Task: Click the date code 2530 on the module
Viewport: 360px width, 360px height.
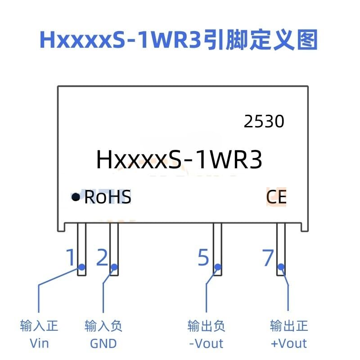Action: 264,121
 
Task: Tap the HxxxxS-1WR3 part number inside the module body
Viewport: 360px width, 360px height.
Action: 179,159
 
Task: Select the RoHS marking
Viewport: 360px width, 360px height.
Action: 108,197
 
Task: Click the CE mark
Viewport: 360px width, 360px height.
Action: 276,197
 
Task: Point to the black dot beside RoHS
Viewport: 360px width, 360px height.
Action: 76,197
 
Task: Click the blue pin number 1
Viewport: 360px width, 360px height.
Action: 71,257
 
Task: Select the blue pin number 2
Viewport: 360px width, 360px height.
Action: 102,257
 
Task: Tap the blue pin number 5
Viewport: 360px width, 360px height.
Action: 203,257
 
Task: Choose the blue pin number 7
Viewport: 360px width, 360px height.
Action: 268,257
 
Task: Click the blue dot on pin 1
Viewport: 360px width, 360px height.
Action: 82,267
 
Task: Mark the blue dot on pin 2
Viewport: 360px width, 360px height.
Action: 114,267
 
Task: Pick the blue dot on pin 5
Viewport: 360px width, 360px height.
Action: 218,267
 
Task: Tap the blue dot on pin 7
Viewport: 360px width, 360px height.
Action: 281,267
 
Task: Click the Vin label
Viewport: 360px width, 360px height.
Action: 39,344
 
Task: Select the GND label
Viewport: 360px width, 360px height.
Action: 103,344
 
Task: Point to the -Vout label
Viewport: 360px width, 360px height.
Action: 206,344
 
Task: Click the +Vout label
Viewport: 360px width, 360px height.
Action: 288,344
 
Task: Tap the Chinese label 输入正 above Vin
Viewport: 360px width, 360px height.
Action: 39,326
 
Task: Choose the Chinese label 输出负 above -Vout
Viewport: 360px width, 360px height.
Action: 206,326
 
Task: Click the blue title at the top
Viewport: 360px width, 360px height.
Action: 179,40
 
